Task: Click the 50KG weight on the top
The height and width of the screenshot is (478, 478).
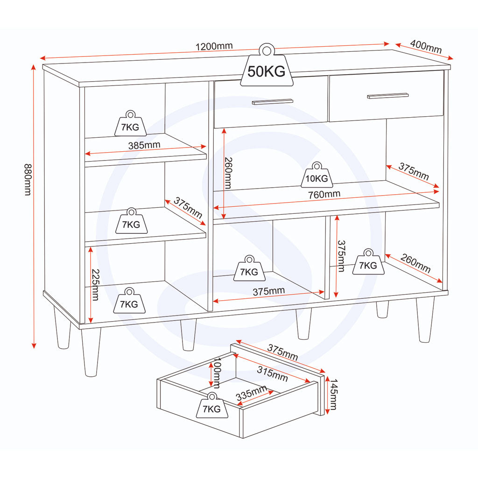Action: click(267, 65)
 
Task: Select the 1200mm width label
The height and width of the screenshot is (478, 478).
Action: click(214, 46)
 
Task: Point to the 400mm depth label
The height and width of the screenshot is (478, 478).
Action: click(426, 46)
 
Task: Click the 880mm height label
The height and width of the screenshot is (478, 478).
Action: click(28, 180)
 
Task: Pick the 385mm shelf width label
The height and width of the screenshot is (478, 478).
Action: click(144, 145)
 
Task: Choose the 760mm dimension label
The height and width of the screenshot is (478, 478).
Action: click(324, 194)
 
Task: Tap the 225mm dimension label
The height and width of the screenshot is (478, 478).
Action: click(96, 285)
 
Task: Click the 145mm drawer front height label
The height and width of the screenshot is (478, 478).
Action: click(333, 394)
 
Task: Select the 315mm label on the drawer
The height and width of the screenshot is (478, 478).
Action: click(272, 374)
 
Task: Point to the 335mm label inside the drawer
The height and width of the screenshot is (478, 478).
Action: click(251, 393)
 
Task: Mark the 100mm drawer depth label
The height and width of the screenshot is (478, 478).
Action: click(217, 373)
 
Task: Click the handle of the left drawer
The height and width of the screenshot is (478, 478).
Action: click(273, 101)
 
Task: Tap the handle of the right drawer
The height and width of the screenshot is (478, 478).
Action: click(388, 96)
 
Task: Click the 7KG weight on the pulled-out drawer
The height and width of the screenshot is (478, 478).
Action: click(212, 405)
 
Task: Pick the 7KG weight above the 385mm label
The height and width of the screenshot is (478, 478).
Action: click(130, 123)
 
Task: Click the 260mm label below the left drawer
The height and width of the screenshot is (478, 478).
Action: click(228, 173)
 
